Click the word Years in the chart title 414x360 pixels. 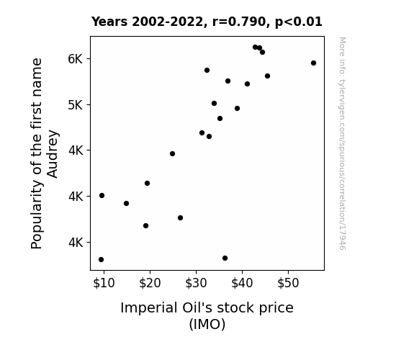[109, 22]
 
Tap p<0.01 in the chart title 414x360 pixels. [299, 22]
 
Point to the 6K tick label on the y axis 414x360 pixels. [76, 58]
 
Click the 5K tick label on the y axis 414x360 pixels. [76, 105]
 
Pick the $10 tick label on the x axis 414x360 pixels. [104, 283]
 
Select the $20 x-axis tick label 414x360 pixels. [150, 283]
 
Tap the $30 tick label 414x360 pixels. [196, 283]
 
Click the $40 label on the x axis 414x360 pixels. [242, 283]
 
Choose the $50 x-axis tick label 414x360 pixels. [288, 283]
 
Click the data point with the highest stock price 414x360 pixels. [313, 63]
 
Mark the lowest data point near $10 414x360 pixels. [101, 260]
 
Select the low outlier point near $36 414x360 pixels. [225, 258]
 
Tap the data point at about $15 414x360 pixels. [126, 203]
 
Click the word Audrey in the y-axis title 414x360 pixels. [52, 154]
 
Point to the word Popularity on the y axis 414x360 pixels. [37, 215]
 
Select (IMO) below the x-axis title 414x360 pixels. [207, 324]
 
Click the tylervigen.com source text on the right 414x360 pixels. [342, 143]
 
